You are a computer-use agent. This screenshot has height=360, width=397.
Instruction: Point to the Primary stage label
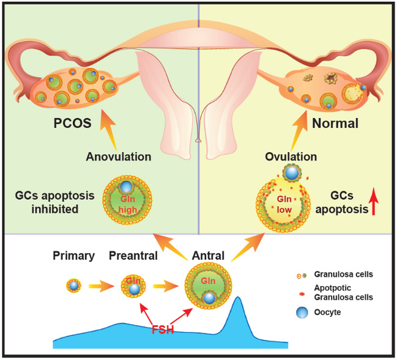click(73, 256)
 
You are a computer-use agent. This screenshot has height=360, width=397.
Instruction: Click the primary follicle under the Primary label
click(73, 285)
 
